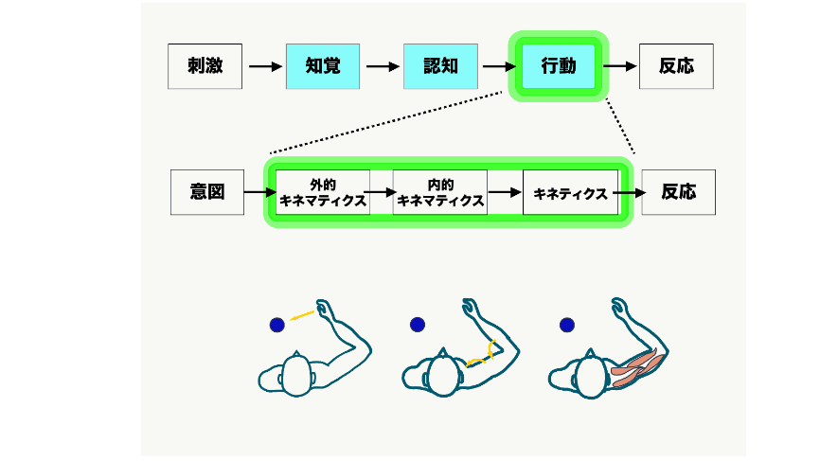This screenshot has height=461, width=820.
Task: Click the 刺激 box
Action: tap(205, 66)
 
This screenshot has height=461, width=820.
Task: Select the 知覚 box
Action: tap(323, 66)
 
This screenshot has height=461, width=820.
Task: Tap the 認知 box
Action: tap(440, 66)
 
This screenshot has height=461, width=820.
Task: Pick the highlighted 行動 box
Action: tap(558, 66)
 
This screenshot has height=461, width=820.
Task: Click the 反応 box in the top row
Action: tap(676, 66)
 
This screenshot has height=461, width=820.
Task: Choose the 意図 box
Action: tap(207, 192)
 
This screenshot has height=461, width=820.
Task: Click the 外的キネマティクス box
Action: tap(323, 192)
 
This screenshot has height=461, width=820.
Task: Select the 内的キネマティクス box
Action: tap(440, 192)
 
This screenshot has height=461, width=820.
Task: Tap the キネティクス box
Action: tap(570, 192)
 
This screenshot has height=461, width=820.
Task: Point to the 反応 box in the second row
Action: tap(678, 192)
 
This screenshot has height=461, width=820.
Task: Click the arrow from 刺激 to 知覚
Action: tap(265, 66)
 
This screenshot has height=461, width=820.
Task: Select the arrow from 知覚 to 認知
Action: tap(383, 66)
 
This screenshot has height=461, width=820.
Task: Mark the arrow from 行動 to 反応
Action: tap(620, 66)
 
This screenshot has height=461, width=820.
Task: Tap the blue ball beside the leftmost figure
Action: tap(276, 325)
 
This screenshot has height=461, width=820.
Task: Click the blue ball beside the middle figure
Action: tap(418, 325)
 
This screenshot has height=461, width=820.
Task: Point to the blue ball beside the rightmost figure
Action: tap(566, 325)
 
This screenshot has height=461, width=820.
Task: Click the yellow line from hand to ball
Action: tap(303, 315)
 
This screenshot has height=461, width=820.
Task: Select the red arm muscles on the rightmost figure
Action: tap(634, 367)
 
